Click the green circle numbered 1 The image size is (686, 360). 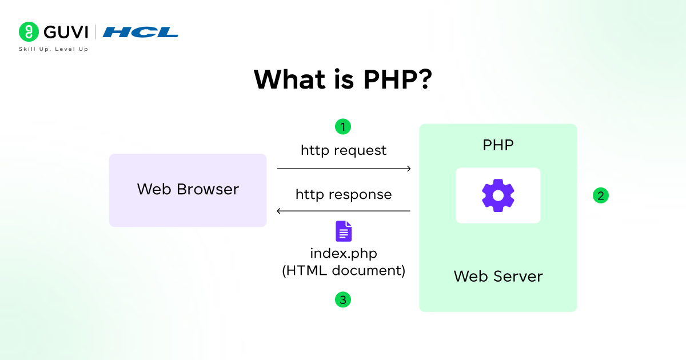(x=342, y=126)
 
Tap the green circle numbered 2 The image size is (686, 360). (x=600, y=195)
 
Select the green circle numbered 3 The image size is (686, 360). (x=342, y=299)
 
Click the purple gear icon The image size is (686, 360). (x=498, y=195)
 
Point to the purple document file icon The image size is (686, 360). (x=344, y=231)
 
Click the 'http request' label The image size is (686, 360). (x=344, y=150)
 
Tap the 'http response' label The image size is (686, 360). (x=344, y=194)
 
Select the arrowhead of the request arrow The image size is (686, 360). (x=408, y=169)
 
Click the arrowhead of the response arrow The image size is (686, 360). (x=280, y=211)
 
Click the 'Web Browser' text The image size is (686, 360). (x=188, y=189)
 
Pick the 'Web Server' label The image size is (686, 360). (x=498, y=277)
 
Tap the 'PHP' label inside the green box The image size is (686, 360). (x=498, y=145)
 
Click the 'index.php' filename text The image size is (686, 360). (x=344, y=253)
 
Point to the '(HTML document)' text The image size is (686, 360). (x=344, y=270)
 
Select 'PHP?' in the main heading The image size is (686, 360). (x=397, y=79)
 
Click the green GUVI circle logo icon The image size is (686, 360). (x=29, y=32)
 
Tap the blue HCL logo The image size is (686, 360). (x=141, y=32)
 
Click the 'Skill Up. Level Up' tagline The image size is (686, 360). (x=53, y=49)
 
